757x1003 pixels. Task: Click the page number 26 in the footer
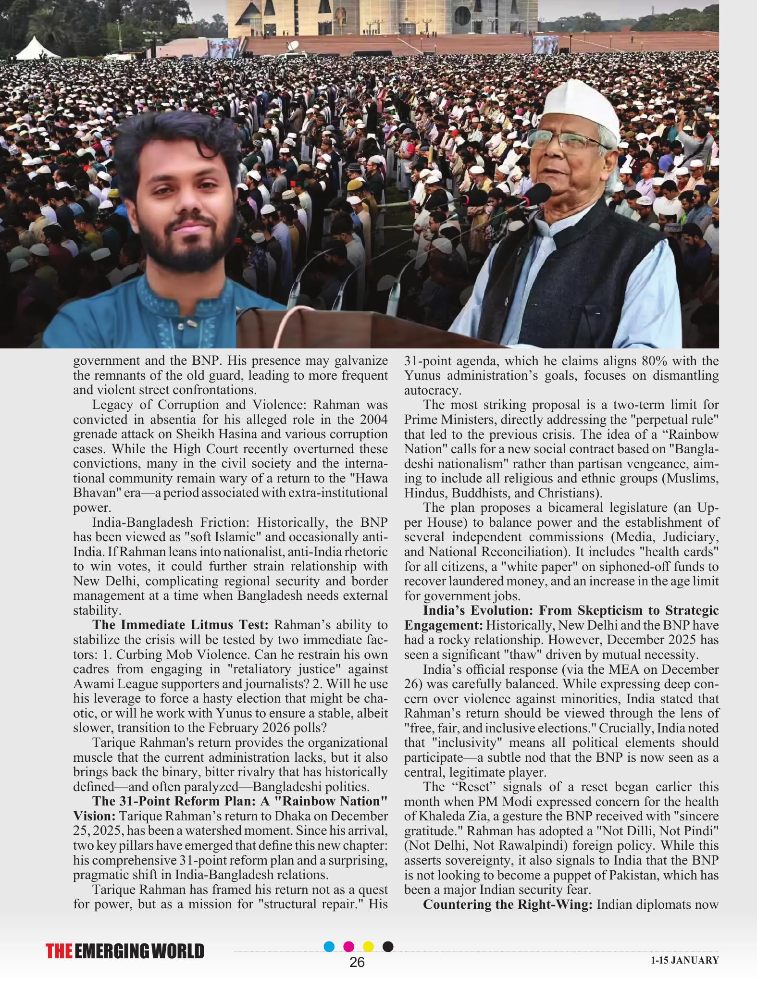point(357,962)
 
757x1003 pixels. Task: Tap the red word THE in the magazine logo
point(59,952)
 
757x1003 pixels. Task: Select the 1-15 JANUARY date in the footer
point(685,960)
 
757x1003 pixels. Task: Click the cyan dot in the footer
point(329,946)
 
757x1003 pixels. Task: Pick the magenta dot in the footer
point(349,946)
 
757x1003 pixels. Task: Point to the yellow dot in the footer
point(368,946)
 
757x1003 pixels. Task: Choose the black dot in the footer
point(388,946)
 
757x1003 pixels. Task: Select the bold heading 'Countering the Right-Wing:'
point(508,904)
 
